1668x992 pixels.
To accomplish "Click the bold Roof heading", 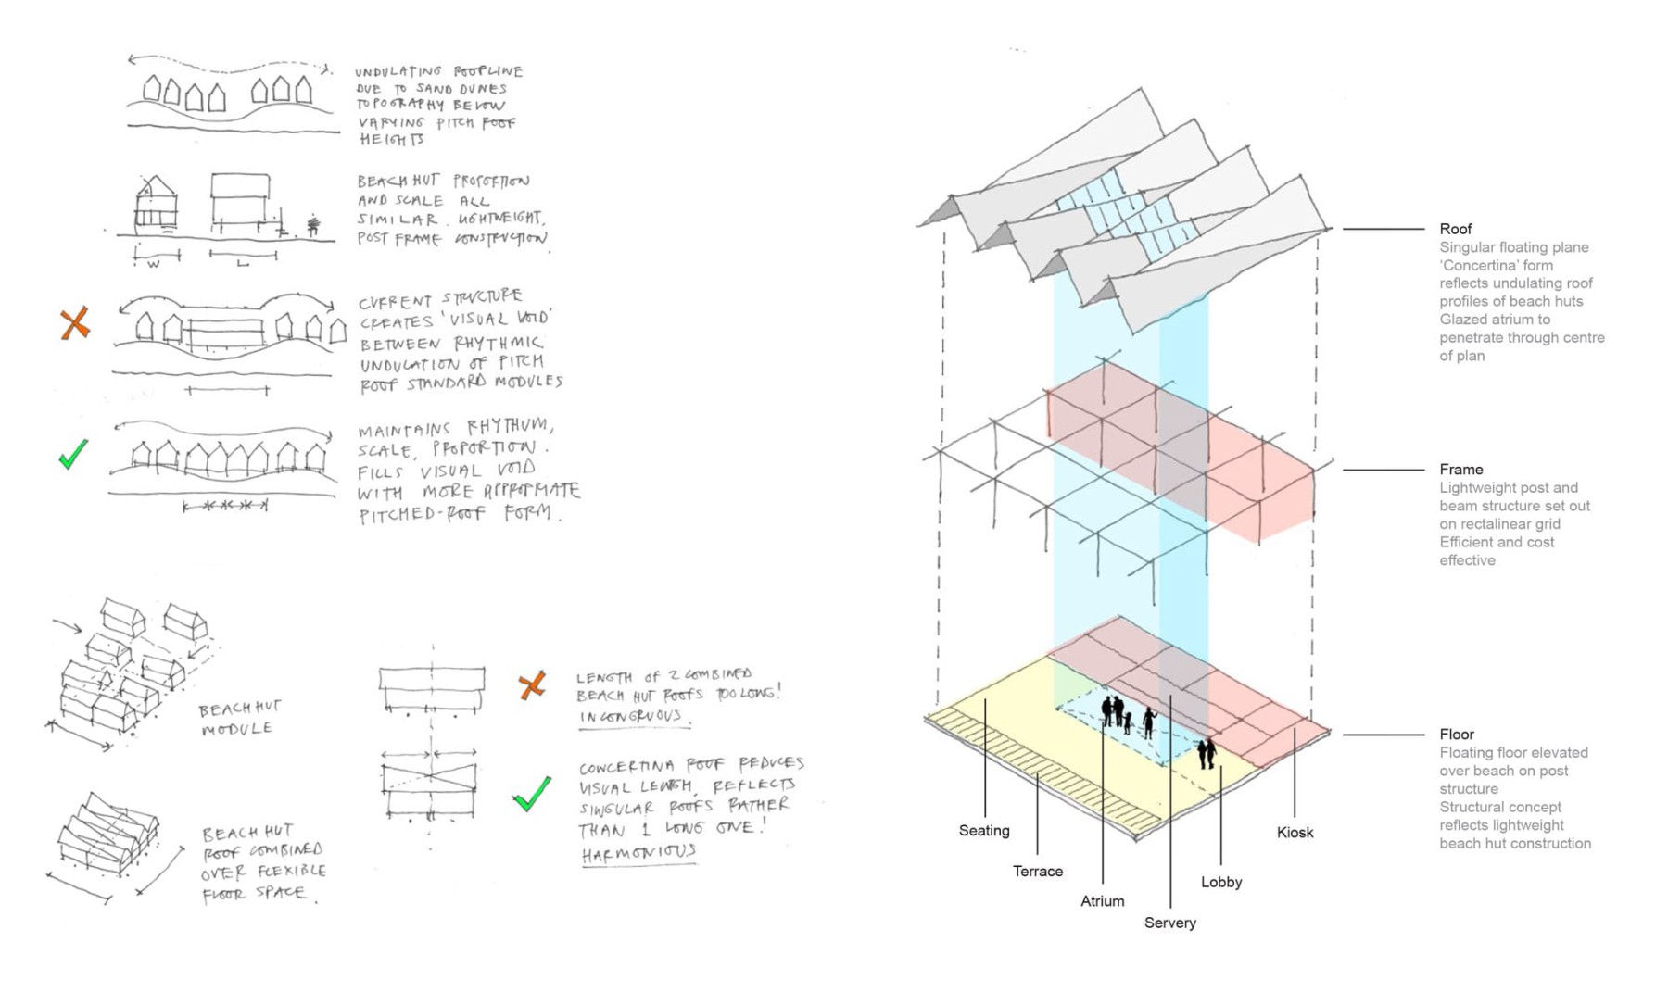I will click(x=1455, y=229).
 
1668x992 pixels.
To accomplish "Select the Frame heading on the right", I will click(x=1460, y=470).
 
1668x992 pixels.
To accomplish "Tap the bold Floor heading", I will click(x=1456, y=735).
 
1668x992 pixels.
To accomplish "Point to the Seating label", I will click(x=984, y=831).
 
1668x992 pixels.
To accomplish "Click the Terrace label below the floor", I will click(x=1038, y=872).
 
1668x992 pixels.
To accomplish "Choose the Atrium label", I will click(x=1102, y=901).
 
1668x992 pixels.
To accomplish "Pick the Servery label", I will click(x=1169, y=923).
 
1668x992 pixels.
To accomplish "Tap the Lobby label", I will click(x=1220, y=883).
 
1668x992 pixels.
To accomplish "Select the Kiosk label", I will click(x=1295, y=833).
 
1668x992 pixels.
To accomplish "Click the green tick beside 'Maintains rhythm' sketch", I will click(x=73, y=454).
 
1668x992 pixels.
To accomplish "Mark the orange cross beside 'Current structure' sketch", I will click(x=75, y=323).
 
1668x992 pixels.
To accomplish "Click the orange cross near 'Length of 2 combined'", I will click(x=532, y=685).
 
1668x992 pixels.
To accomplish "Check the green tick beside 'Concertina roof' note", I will click(x=533, y=794).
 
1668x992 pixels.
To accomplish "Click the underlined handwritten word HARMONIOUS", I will click(x=638, y=853).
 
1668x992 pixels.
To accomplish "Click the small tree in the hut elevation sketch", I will click(x=313, y=224).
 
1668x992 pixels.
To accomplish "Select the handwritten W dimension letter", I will click(x=154, y=264).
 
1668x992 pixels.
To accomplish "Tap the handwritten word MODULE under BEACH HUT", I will click(x=237, y=729).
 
